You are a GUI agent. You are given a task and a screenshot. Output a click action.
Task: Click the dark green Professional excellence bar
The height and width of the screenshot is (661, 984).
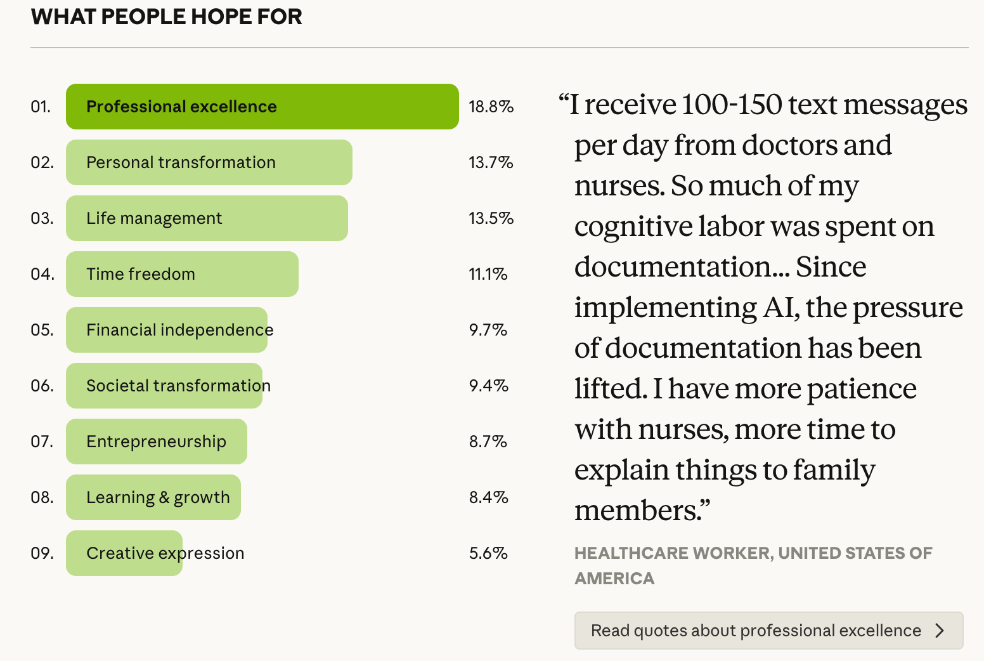click(262, 107)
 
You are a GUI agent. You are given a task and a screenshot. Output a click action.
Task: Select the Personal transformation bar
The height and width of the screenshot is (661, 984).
click(209, 162)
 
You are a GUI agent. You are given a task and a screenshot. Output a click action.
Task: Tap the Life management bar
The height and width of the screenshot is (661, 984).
click(207, 218)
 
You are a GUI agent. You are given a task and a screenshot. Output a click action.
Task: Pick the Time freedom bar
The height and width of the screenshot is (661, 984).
click(182, 274)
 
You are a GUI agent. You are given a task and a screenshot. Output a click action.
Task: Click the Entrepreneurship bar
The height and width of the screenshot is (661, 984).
click(156, 442)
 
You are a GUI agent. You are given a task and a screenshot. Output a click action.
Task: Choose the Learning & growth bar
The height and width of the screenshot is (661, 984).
click(153, 497)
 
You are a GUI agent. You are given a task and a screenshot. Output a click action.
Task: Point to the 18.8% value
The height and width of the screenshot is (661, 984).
click(491, 107)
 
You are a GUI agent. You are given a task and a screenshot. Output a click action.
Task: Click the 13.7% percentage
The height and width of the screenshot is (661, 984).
click(491, 162)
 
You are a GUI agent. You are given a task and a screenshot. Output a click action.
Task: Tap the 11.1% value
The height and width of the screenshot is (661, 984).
click(488, 274)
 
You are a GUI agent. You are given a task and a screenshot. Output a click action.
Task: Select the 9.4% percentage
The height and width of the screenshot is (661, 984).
click(489, 386)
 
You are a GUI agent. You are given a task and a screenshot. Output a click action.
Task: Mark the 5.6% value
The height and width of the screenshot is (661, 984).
click(488, 553)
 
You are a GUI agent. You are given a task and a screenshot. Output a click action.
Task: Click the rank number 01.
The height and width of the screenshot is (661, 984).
click(41, 107)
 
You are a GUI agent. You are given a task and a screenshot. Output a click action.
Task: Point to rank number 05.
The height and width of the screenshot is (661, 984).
click(42, 330)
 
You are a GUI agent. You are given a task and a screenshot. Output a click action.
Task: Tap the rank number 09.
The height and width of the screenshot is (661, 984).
click(42, 553)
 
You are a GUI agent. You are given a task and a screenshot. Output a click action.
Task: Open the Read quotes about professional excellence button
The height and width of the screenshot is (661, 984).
click(756, 631)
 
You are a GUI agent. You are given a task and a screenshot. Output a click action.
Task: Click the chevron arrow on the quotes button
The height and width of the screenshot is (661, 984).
click(940, 631)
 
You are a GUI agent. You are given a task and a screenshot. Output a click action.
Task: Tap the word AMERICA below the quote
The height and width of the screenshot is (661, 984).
click(614, 579)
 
